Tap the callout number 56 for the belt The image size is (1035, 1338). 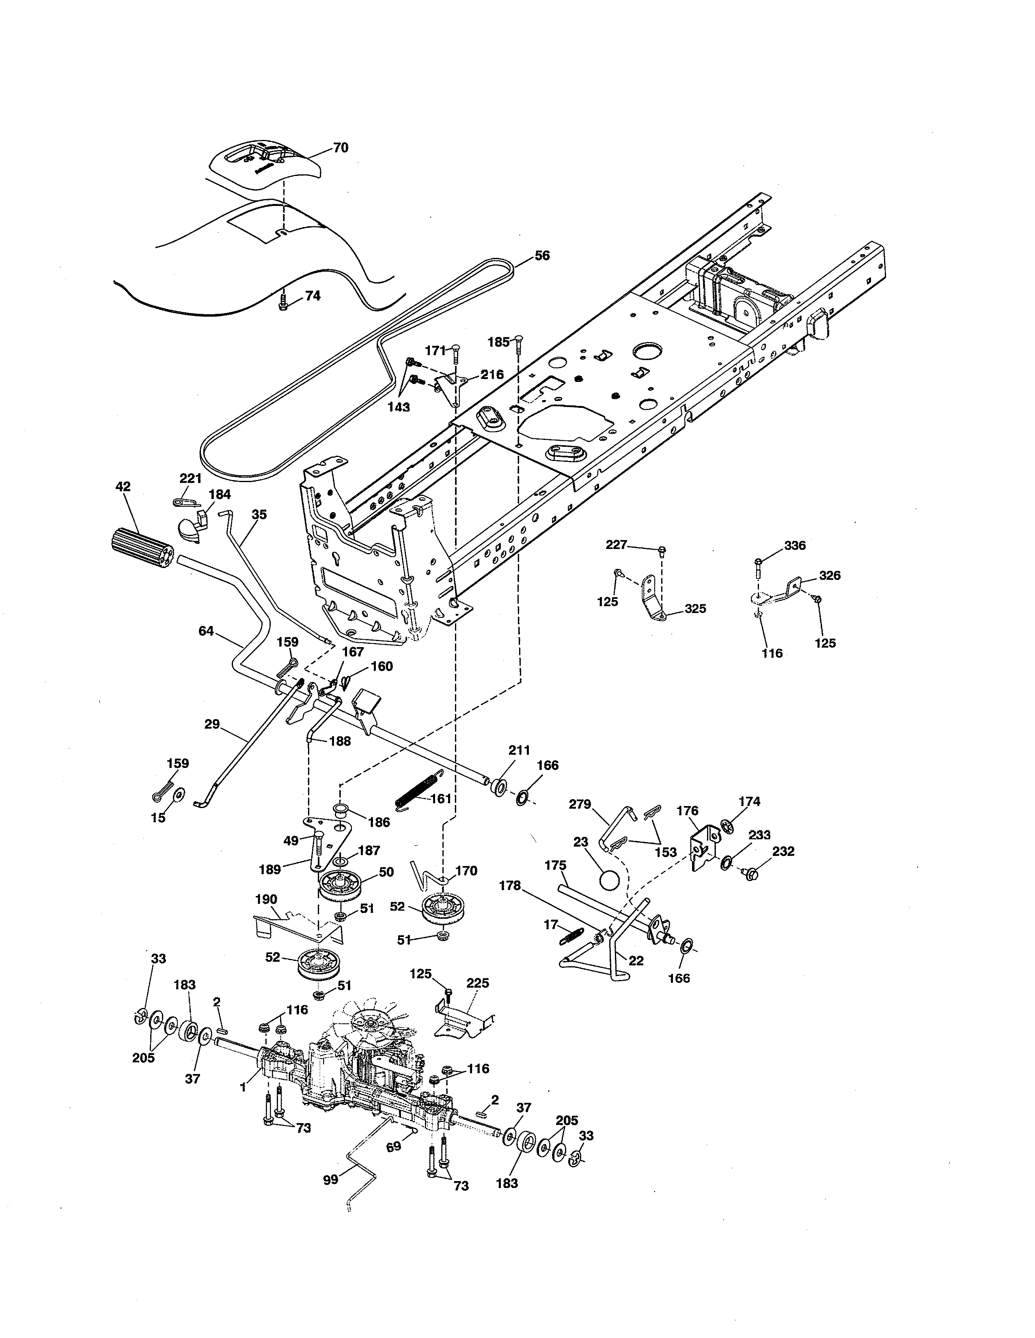pyautogui.click(x=542, y=255)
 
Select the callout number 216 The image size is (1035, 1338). pyautogui.click(x=492, y=374)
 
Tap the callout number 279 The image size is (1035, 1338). pyautogui.click(x=580, y=804)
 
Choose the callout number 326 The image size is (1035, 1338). pyautogui.click(x=830, y=575)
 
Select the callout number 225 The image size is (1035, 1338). pyautogui.click(x=478, y=983)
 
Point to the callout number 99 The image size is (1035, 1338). pyautogui.click(x=330, y=1179)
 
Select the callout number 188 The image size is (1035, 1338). pyautogui.click(x=340, y=741)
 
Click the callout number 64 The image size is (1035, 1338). pyautogui.click(x=206, y=630)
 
